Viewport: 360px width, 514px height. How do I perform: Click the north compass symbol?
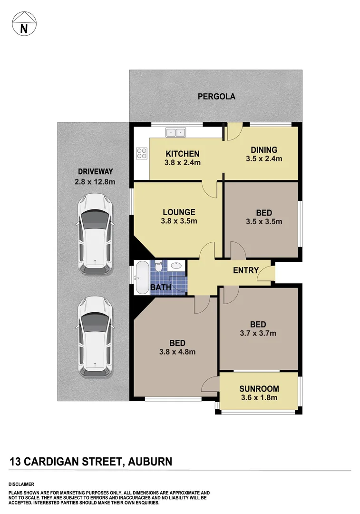[23, 24]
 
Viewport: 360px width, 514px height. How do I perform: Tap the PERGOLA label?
[216, 97]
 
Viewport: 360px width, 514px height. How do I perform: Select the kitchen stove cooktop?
[142, 153]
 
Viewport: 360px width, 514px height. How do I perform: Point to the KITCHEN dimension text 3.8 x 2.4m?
[183, 163]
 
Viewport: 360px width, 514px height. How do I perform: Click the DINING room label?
[264, 150]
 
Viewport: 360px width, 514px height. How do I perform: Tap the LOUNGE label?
[179, 212]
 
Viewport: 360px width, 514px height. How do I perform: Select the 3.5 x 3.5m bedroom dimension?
[264, 221]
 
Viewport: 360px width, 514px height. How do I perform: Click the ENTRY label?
[246, 270]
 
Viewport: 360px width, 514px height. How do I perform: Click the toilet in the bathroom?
[158, 267]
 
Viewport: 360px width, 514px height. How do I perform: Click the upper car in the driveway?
[95, 234]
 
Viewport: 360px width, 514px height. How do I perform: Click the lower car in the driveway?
[95, 338]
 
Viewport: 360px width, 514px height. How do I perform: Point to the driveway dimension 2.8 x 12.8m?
[96, 181]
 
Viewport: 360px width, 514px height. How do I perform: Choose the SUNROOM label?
[259, 389]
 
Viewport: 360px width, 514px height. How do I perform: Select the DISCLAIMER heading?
[21, 484]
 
